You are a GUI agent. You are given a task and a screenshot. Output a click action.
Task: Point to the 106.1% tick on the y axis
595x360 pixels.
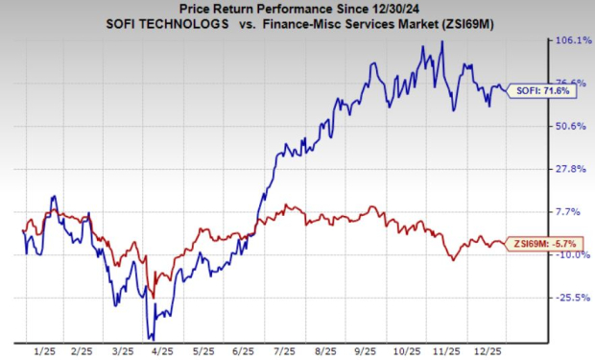click(559, 40)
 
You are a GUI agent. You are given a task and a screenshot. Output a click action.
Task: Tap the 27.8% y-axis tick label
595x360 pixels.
click(559, 169)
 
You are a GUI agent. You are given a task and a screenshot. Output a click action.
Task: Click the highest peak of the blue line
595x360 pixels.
click(441, 41)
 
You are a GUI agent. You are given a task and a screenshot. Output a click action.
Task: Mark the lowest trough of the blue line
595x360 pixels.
click(151, 338)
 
